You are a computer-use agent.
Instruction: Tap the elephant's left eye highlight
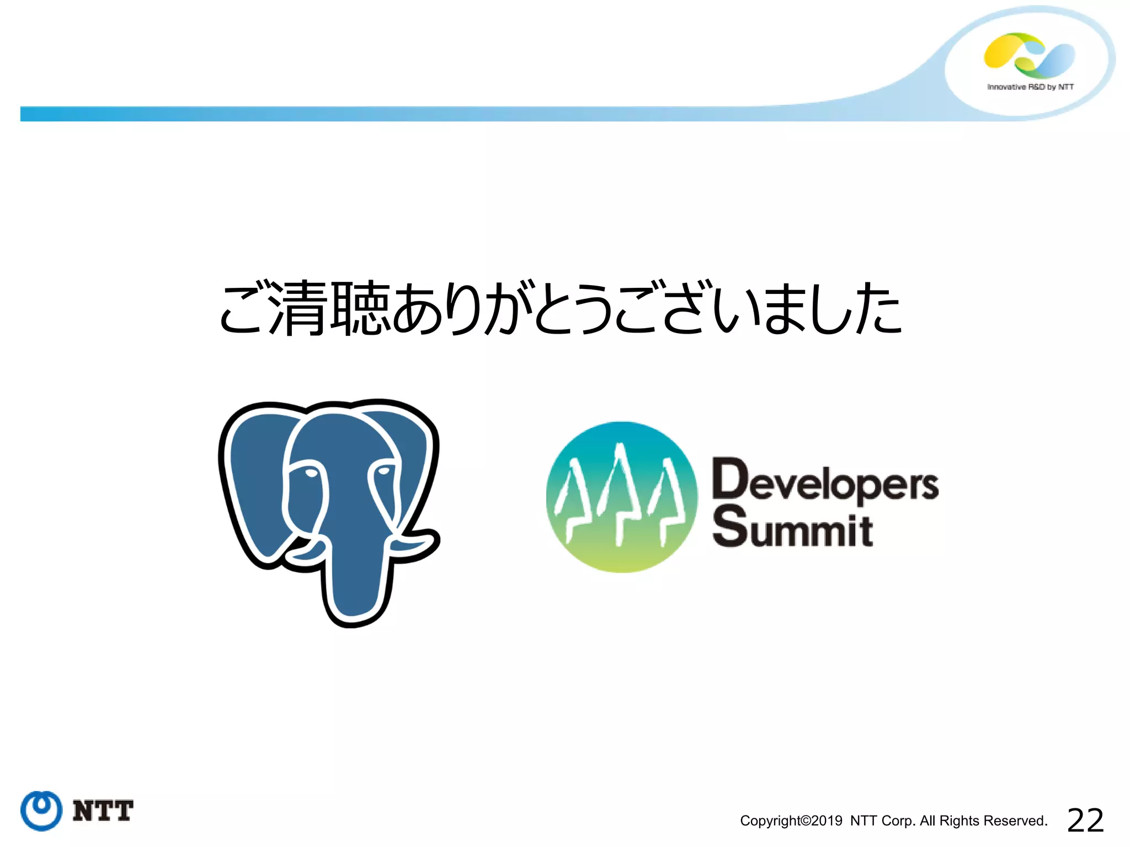click(x=311, y=473)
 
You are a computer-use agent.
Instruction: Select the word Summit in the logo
click(x=792, y=528)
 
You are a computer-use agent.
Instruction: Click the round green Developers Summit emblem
click(x=622, y=497)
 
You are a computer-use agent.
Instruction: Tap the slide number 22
click(x=1085, y=820)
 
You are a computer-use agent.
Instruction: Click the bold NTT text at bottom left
click(x=103, y=811)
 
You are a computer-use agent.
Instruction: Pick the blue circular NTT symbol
click(x=41, y=811)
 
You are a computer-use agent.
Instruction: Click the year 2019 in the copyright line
click(x=827, y=821)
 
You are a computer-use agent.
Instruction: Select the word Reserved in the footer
click(x=1020, y=821)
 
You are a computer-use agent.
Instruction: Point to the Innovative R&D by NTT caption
click(x=1030, y=87)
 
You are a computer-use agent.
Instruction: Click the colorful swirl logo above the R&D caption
click(x=1029, y=55)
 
